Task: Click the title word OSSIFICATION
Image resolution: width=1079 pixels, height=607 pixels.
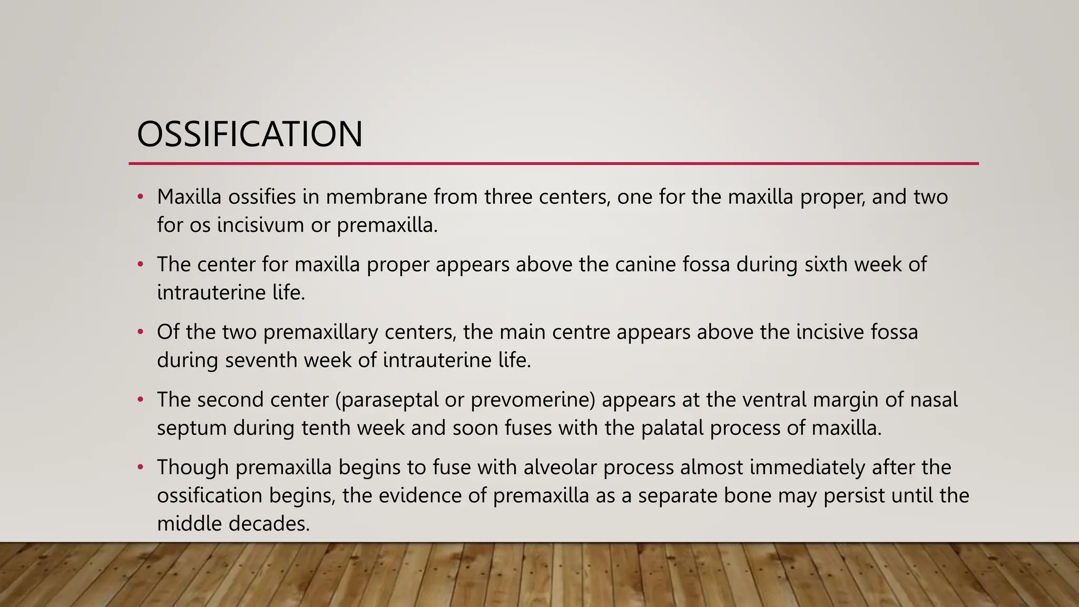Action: point(249,134)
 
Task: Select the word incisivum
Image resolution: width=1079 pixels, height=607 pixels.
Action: point(260,226)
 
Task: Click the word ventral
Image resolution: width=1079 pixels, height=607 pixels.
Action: point(774,400)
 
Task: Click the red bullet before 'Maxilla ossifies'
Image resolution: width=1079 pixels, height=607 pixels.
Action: point(140,198)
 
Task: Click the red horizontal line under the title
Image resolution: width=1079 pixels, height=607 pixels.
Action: point(553,164)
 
